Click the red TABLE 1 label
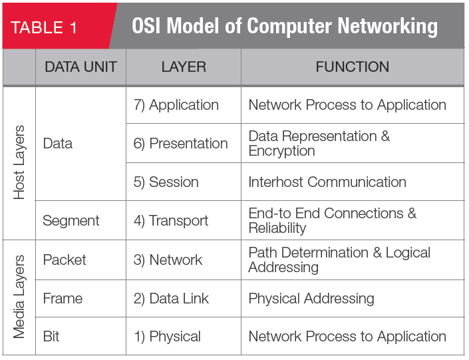point(44,27)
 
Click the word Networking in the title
point(387,27)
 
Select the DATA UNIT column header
point(80,67)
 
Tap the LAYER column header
point(184,67)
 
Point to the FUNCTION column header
point(353,67)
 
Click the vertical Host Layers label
point(19,162)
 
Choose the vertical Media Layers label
point(19,297)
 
